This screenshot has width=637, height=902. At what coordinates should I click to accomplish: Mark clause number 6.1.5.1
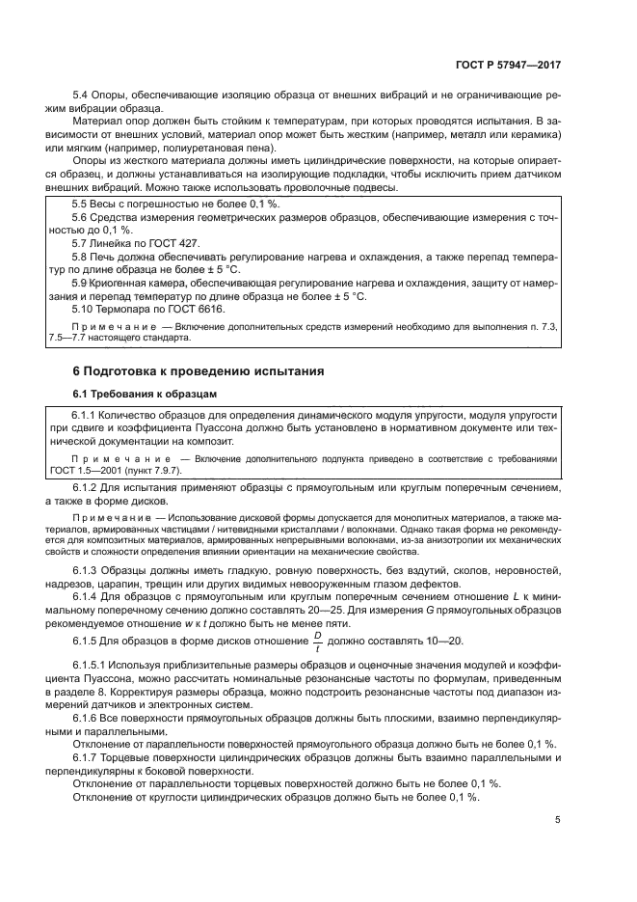tap(93, 667)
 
